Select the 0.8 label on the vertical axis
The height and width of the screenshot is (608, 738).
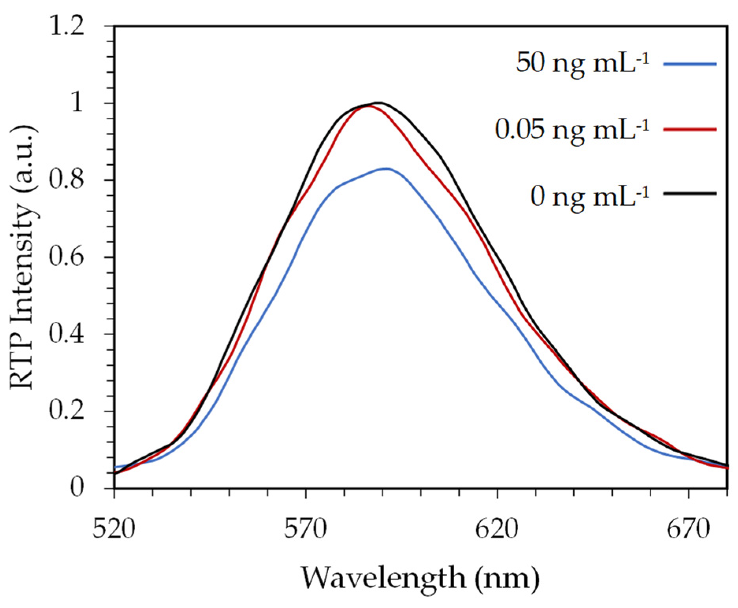pyautogui.click(x=66, y=180)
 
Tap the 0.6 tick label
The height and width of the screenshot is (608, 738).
pyautogui.click(x=66, y=257)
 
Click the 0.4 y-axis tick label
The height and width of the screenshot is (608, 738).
pyautogui.click(x=66, y=334)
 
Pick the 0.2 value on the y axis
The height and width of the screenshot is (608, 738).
pyautogui.click(x=66, y=411)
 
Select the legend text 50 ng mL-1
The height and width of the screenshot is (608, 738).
pyautogui.click(x=582, y=63)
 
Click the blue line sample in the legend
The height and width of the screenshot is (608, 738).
pyautogui.click(x=690, y=63)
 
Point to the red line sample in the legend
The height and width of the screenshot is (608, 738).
pyautogui.click(x=690, y=129)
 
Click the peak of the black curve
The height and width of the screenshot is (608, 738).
pyautogui.click(x=378, y=103)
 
